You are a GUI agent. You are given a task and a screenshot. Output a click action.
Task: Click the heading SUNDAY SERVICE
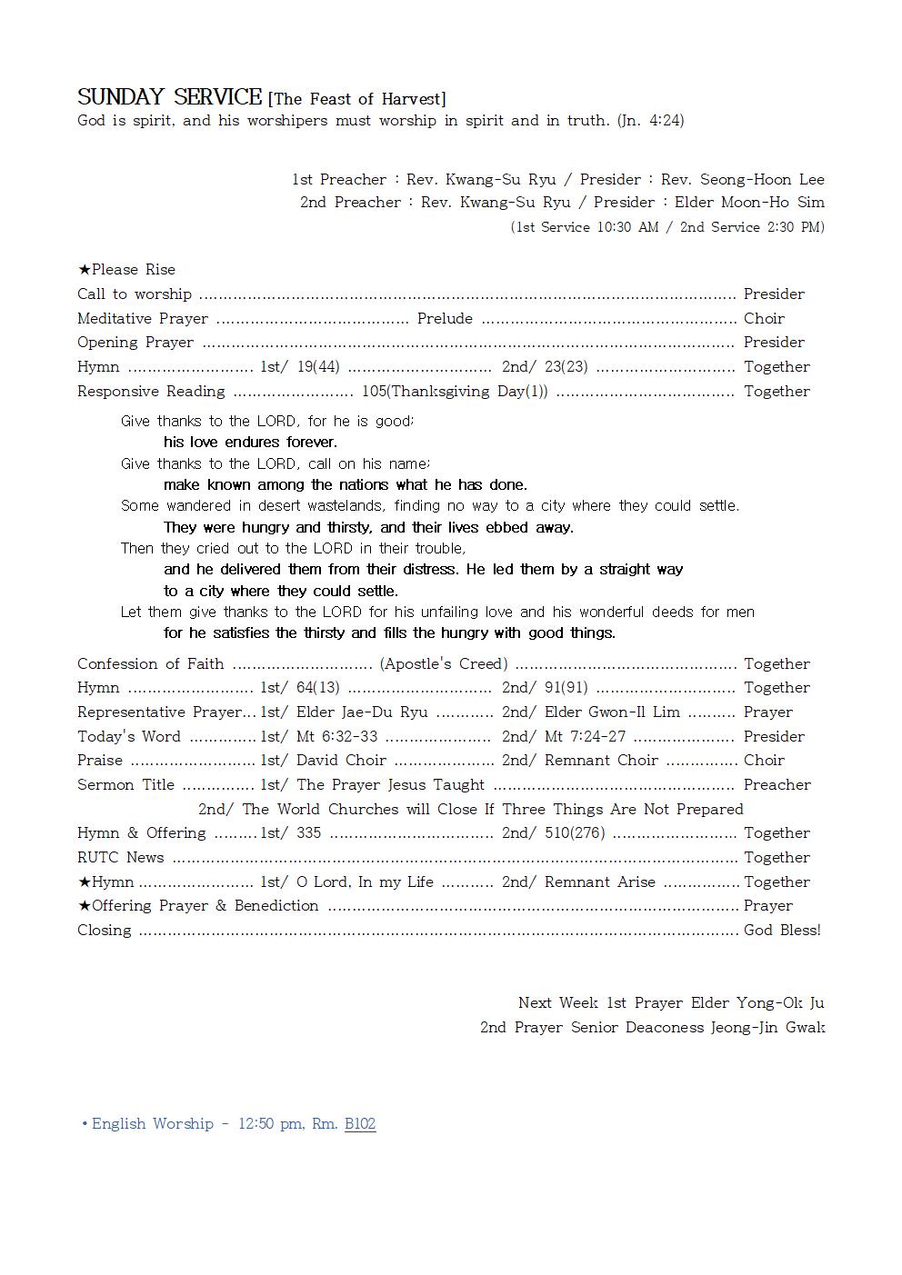coord(169,97)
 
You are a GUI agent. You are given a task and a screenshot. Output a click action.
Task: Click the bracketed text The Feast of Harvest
coord(356,99)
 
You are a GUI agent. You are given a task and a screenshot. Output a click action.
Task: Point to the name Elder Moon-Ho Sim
coord(749,202)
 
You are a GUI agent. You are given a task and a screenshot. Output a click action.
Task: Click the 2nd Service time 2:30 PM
coord(797,227)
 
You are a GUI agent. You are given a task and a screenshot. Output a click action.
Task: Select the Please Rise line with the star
coord(126,269)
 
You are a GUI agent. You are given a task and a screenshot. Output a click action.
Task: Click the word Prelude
coord(445,318)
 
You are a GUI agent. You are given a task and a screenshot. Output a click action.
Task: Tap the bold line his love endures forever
coord(250,442)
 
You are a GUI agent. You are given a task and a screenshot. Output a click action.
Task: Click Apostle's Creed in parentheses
coord(444,663)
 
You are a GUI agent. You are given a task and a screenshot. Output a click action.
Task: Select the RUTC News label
coord(121,857)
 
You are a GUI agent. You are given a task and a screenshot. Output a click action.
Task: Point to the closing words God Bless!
coord(782,930)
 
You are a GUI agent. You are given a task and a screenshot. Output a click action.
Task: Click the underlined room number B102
coord(360,1123)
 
